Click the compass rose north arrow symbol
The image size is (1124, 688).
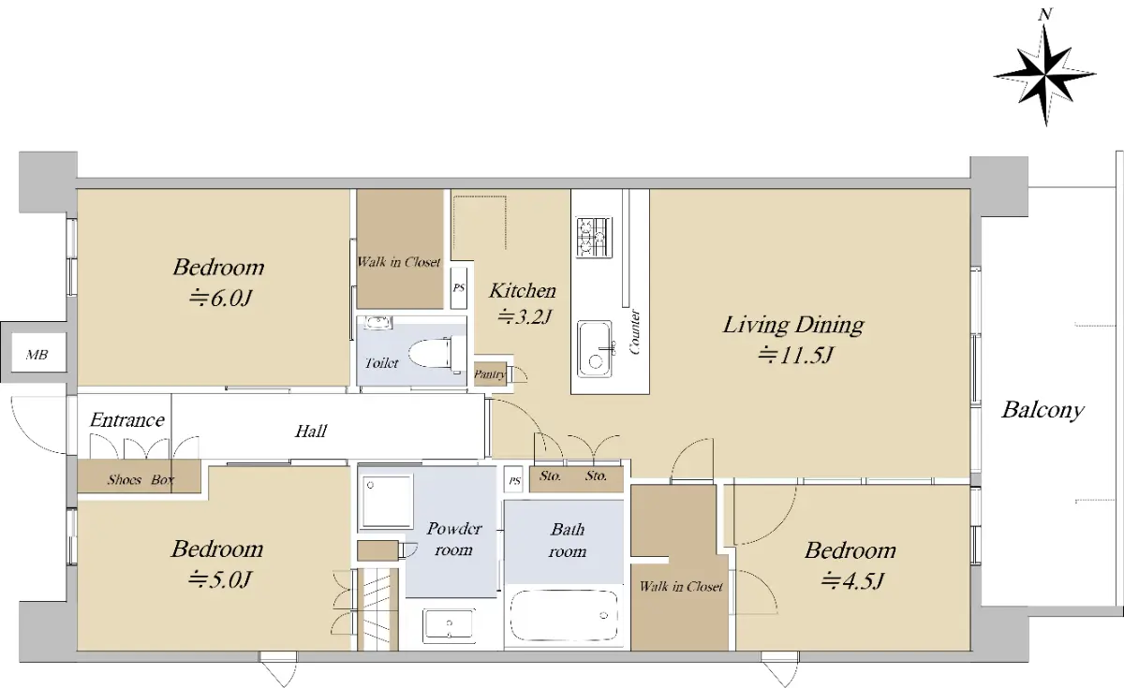pyautogui.click(x=1044, y=75)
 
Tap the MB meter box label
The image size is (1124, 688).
pyautogui.click(x=37, y=355)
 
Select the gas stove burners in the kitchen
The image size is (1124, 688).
pyautogui.click(x=594, y=237)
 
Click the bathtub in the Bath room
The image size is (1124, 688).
pyautogui.click(x=564, y=616)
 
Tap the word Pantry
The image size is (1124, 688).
pyautogui.click(x=490, y=374)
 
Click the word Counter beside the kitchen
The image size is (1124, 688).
pyautogui.click(x=634, y=332)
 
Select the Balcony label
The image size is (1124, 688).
pyautogui.click(x=1043, y=411)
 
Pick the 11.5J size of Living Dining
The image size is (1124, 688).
pyautogui.click(x=796, y=355)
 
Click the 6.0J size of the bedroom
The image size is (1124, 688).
pyautogui.click(x=220, y=299)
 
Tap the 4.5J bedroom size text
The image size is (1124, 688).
pyautogui.click(x=851, y=580)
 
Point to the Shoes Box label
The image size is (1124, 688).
pyautogui.click(x=140, y=480)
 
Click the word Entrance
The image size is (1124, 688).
pyautogui.click(x=127, y=419)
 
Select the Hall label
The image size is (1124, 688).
pyautogui.click(x=311, y=431)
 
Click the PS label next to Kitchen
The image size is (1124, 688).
pyautogui.click(x=459, y=288)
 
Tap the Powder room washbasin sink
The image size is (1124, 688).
pyautogui.click(x=449, y=626)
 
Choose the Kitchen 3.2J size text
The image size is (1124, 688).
pyautogui.click(x=525, y=316)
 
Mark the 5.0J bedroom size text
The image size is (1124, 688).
pyautogui.click(x=219, y=579)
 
